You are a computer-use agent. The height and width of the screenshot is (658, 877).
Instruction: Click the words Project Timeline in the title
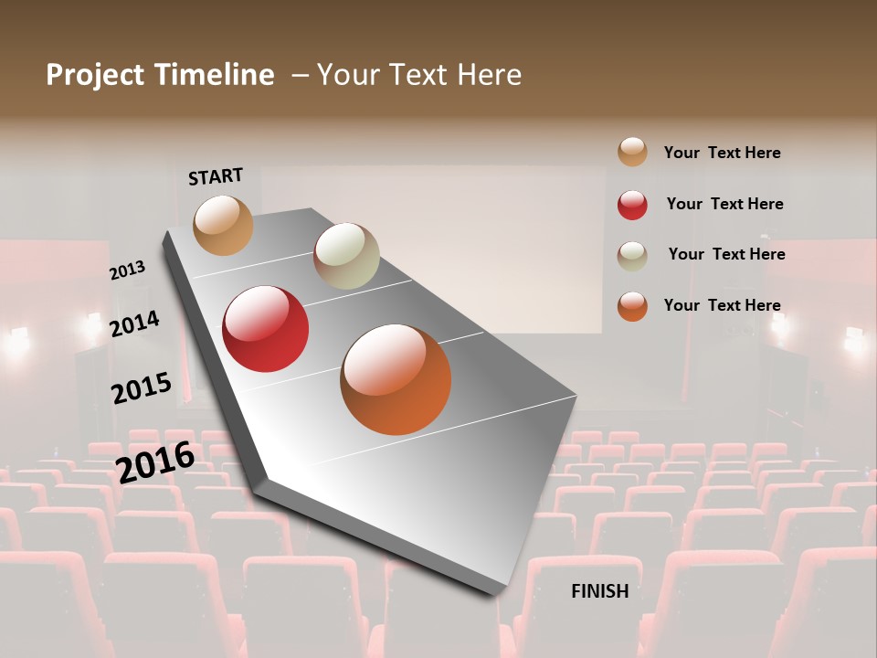coord(160,75)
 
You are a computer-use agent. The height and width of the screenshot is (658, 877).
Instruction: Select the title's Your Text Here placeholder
coord(419,75)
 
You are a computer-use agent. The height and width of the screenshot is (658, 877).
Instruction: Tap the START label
coord(216,176)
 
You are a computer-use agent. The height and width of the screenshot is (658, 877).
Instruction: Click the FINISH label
coord(600,591)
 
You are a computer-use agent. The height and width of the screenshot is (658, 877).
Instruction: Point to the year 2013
coord(127,271)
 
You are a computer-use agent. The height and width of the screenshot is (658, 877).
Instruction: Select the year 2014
coord(134,324)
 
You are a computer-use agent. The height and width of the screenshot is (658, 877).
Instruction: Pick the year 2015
coord(141,388)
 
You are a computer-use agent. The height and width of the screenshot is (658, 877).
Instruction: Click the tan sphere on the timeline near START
coord(223,225)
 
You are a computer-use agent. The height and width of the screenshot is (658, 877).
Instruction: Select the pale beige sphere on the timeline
coord(346,256)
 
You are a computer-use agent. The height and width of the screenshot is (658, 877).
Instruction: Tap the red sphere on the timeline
coord(266,329)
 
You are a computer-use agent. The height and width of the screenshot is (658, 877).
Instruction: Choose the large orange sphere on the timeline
coord(396,379)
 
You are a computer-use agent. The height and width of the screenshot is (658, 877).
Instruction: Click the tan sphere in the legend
coord(632,152)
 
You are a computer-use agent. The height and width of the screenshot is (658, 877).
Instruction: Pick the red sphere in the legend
coord(632,205)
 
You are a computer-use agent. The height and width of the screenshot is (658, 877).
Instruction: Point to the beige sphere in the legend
coord(632,256)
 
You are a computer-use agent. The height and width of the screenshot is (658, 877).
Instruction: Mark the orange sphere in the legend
coord(632,306)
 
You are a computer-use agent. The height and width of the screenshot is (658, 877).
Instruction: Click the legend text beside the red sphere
coord(724,204)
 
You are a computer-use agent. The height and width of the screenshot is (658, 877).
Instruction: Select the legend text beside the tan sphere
coord(722,153)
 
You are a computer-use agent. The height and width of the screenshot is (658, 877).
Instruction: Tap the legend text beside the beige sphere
coord(726,254)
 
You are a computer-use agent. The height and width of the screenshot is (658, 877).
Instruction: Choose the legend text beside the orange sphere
coord(722,305)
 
